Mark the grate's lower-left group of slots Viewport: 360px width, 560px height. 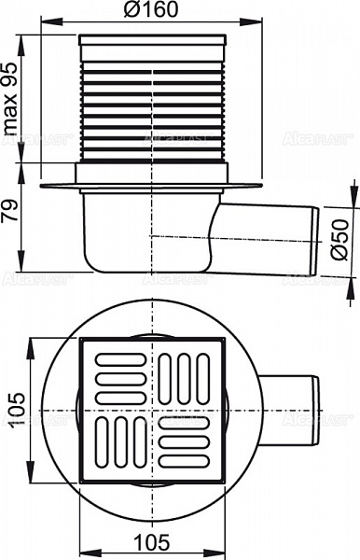click(x=118, y=439)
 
